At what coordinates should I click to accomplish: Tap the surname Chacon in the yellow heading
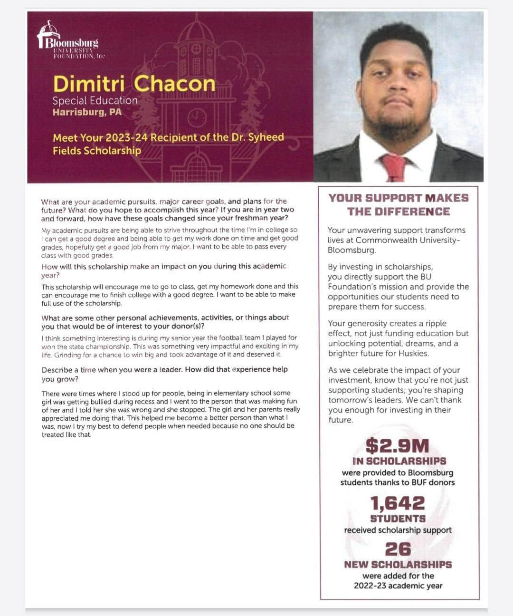point(174,84)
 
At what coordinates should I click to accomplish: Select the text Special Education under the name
point(95,101)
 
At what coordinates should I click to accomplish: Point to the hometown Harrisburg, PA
point(87,112)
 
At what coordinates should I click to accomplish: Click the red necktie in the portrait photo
point(394,167)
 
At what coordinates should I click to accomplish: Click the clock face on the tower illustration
point(197,117)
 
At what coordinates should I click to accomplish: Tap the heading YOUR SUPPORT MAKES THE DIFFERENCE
point(399,204)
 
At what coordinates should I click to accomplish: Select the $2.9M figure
point(397,446)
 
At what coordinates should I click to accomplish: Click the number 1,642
point(398,503)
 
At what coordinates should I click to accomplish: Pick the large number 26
point(398,549)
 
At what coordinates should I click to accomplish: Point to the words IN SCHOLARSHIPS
point(399,461)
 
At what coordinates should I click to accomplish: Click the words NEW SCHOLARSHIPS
point(398,564)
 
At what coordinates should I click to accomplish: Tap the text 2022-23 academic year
point(398,586)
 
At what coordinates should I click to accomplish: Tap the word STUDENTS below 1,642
point(398,519)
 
